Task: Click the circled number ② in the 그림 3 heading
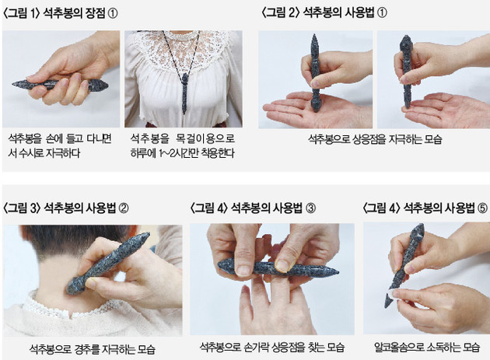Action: point(123,208)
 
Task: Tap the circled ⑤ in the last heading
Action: point(482,208)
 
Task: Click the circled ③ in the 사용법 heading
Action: point(310,208)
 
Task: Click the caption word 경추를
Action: point(87,349)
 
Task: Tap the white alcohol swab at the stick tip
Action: point(392,295)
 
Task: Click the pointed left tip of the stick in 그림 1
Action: point(13,83)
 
